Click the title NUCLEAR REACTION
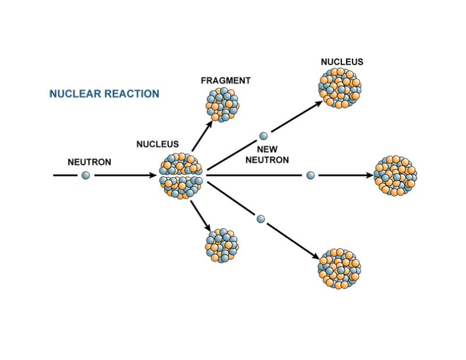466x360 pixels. click(x=104, y=94)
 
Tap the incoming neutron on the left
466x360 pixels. click(x=86, y=175)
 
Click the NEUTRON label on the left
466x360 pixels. click(x=89, y=162)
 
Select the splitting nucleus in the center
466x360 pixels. click(x=181, y=175)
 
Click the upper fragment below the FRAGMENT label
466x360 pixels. click(x=222, y=104)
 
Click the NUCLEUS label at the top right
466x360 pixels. click(x=342, y=62)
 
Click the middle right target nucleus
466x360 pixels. click(x=396, y=175)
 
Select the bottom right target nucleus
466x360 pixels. click(x=340, y=267)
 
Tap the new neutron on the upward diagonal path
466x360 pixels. click(x=263, y=136)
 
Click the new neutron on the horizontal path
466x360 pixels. click(x=310, y=175)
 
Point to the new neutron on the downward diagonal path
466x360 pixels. click(x=261, y=219)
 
